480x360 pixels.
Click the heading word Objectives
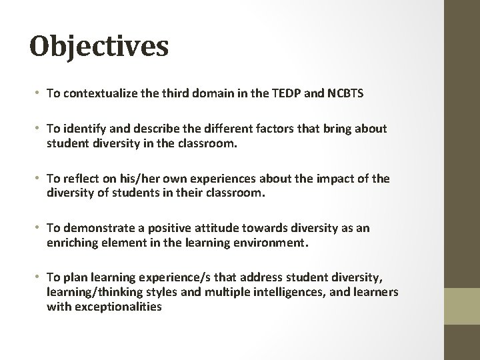pos(99,47)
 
